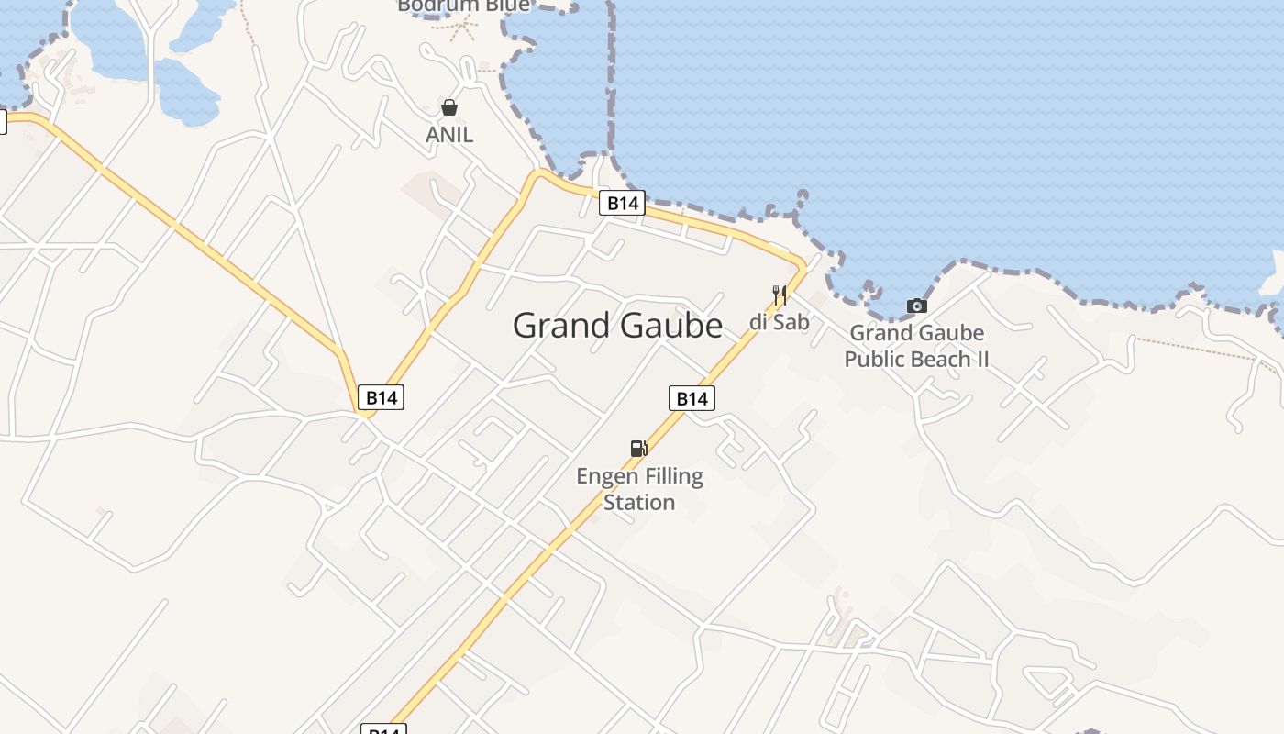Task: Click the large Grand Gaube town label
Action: tap(617, 326)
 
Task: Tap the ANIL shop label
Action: tap(449, 135)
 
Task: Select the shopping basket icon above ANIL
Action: tap(449, 107)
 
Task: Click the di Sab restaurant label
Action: tap(780, 322)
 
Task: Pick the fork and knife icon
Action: tap(780, 295)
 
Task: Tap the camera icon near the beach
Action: tap(916, 306)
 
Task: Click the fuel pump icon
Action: tap(639, 448)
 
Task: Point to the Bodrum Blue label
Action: tap(464, 6)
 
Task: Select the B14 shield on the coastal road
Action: tap(622, 203)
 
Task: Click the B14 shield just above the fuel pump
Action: tap(692, 398)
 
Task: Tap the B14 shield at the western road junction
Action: tap(381, 397)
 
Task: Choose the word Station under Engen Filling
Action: tap(639, 502)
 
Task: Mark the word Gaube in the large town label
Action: tap(671, 326)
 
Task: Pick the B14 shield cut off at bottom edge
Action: tap(383, 729)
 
